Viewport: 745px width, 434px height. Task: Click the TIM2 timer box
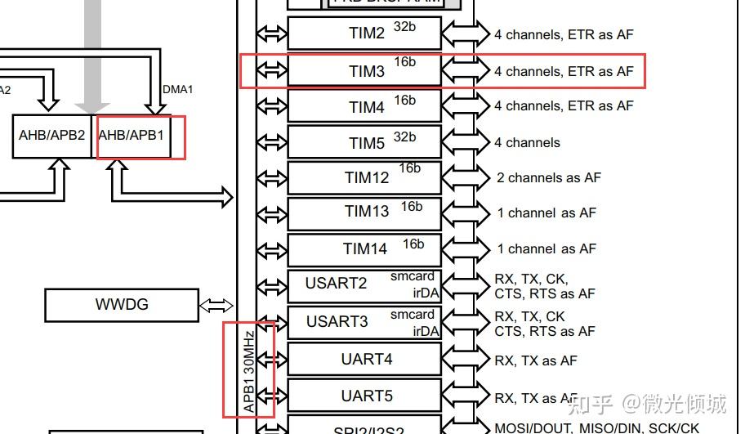[x=364, y=34]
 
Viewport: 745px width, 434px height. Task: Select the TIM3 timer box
[x=364, y=71]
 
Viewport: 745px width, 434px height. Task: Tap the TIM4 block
[x=364, y=107]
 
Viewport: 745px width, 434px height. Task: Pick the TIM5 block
[x=364, y=143]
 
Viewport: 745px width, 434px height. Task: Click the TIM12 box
[x=364, y=178]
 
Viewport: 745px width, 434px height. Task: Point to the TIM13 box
[x=364, y=213]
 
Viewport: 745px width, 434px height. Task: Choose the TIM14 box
[x=364, y=248]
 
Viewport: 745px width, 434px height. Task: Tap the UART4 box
[x=364, y=359]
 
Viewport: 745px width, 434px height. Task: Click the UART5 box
[x=364, y=396]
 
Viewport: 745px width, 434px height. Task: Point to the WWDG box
[x=122, y=305]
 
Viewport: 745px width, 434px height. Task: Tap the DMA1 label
[x=178, y=89]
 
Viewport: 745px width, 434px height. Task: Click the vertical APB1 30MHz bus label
[x=249, y=370]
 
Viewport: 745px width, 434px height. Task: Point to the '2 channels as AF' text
[x=548, y=177]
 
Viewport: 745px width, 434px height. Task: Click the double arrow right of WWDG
[x=216, y=305]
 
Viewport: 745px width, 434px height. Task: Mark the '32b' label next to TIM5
[x=404, y=136]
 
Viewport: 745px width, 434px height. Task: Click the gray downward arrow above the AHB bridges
[x=92, y=65]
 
